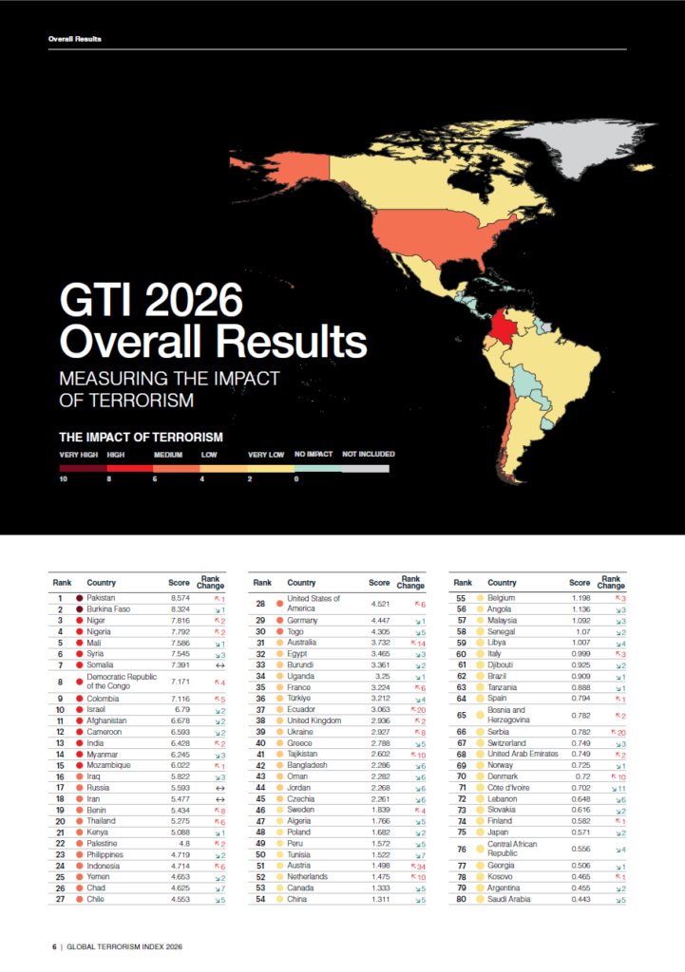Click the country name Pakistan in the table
tap(101, 599)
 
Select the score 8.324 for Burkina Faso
tap(180, 609)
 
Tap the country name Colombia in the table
tap(103, 698)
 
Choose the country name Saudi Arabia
tap(510, 899)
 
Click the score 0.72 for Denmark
tap(582, 776)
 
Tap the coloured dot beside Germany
tap(280, 620)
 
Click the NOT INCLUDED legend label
tap(368, 455)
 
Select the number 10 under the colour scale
tap(63, 478)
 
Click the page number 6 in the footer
tap(54, 946)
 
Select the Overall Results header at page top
tap(74, 39)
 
